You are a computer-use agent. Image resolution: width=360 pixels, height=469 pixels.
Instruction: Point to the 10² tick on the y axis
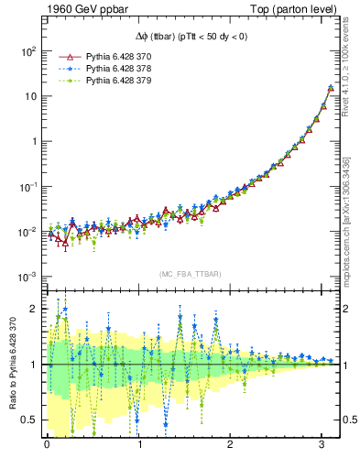26,52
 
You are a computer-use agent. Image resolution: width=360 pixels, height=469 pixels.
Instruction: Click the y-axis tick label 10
28,97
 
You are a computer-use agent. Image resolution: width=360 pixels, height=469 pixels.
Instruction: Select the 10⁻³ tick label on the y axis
26,277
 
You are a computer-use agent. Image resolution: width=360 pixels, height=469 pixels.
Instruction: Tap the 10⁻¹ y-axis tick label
26,187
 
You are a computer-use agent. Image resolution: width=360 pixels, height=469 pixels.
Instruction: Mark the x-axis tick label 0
47,446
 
